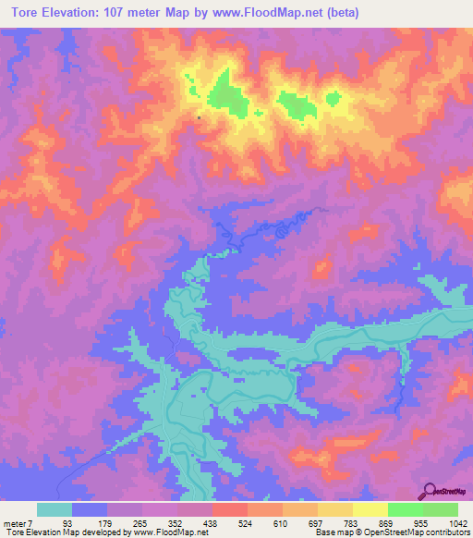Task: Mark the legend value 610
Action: click(278, 524)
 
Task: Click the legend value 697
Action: click(313, 524)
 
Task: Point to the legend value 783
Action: click(348, 524)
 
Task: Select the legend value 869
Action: click(383, 524)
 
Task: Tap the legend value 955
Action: click(418, 524)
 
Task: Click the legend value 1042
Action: click(455, 524)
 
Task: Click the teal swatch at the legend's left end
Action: click(54, 509)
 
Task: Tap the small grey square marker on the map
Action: click(199, 117)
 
